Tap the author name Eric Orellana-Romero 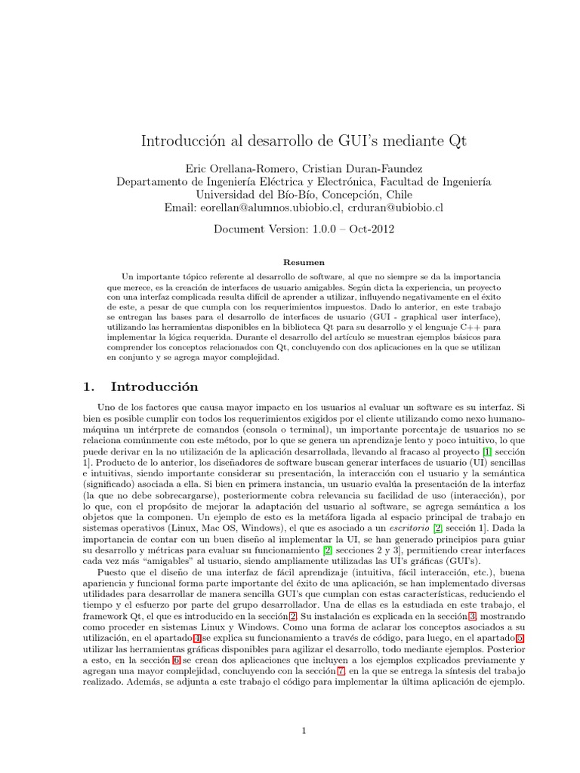click(x=239, y=168)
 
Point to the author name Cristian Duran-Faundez click(x=361, y=168)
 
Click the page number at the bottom click(x=303, y=730)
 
